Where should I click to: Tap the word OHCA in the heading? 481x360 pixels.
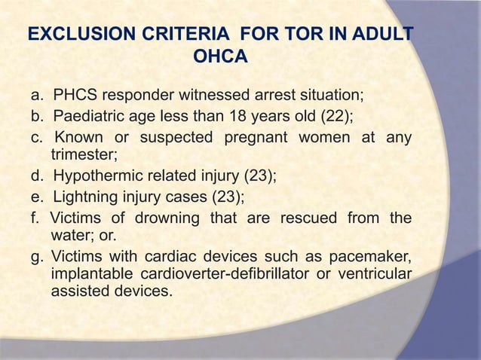220,56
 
